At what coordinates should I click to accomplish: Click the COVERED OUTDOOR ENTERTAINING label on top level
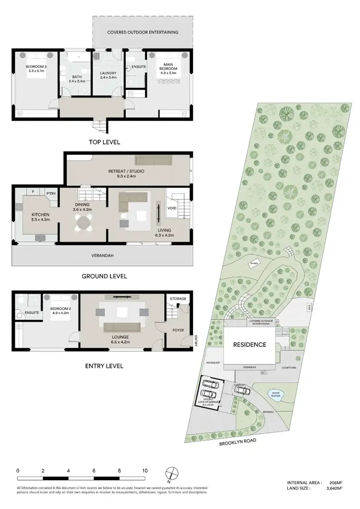(x=143, y=32)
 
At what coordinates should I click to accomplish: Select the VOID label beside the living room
(x=172, y=208)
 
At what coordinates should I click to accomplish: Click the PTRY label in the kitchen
(x=51, y=193)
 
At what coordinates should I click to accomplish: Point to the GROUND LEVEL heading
(x=104, y=276)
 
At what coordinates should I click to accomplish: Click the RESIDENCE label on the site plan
(x=250, y=344)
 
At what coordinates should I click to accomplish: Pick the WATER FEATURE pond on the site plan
(x=276, y=395)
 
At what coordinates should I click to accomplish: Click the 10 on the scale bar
(x=144, y=471)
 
